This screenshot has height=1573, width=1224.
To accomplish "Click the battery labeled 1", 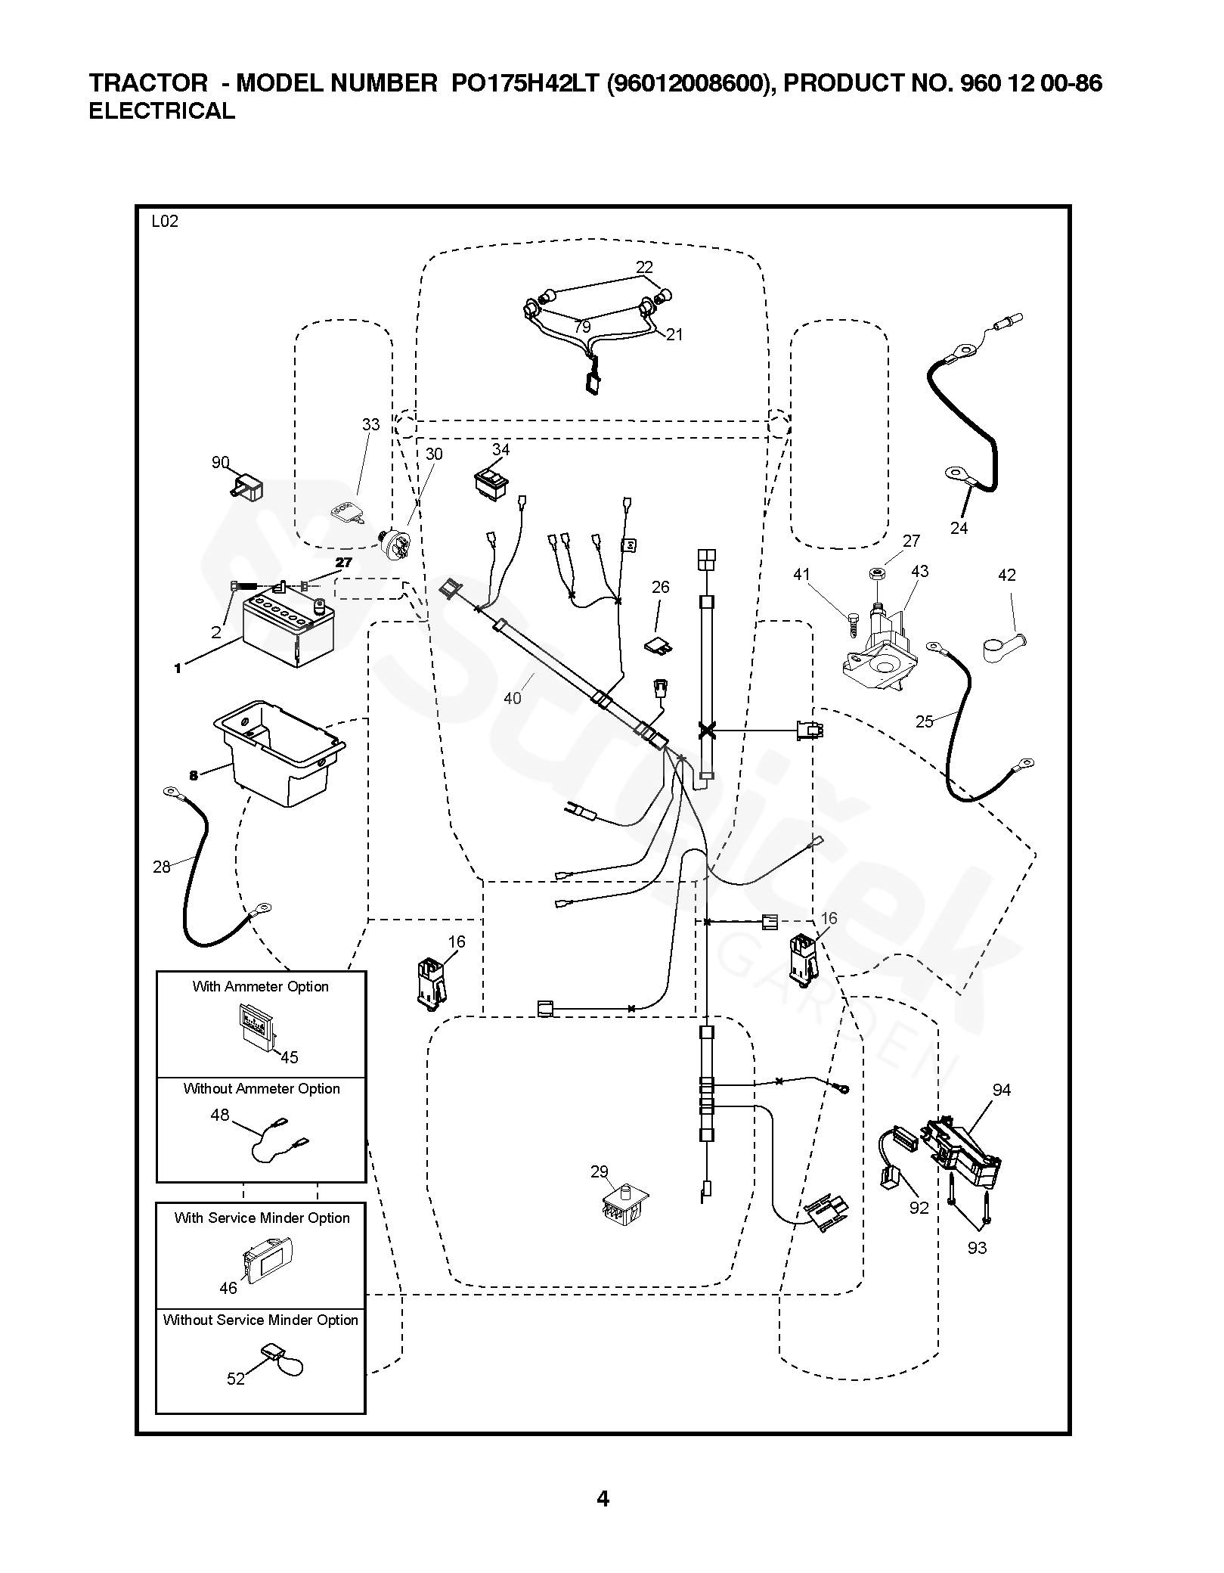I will pos(288,628).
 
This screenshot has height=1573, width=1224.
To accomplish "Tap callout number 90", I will pos(220,462).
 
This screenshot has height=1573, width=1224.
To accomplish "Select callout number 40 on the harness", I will pos(513,698).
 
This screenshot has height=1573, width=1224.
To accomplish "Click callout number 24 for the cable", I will pos(959,528).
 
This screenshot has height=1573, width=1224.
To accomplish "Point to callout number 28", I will pos(162,867).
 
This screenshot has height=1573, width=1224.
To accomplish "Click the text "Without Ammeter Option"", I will pos(262,1088).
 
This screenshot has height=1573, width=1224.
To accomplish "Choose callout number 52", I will pos(236,1379).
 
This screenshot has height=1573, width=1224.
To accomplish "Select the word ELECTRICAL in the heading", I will pos(162,111).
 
